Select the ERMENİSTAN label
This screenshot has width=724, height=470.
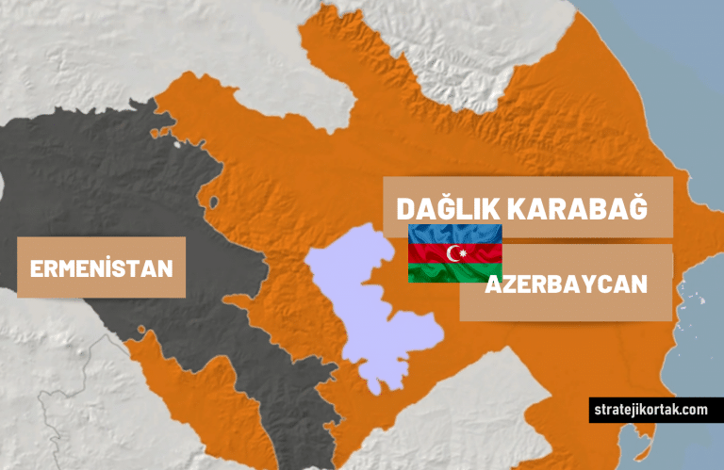point(102,268)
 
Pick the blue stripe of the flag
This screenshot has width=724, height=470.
point(454,234)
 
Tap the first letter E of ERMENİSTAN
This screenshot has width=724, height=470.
point(37,268)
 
